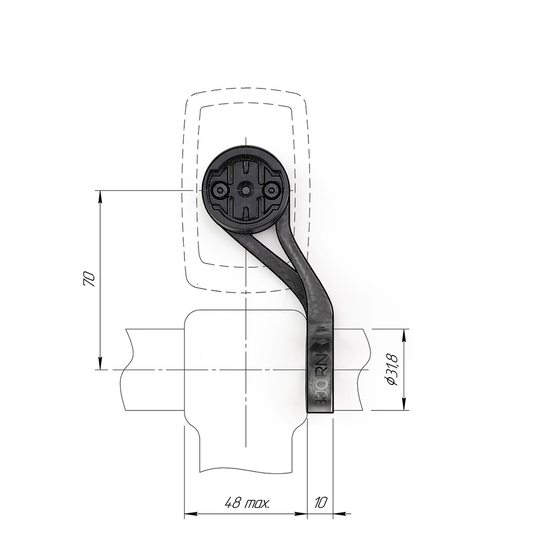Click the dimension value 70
(89, 279)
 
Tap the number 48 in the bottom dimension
(233, 503)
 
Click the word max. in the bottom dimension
(258, 505)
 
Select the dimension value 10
(320, 503)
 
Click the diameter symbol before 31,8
(391, 381)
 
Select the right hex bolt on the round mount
(272, 189)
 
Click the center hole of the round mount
(245, 189)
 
